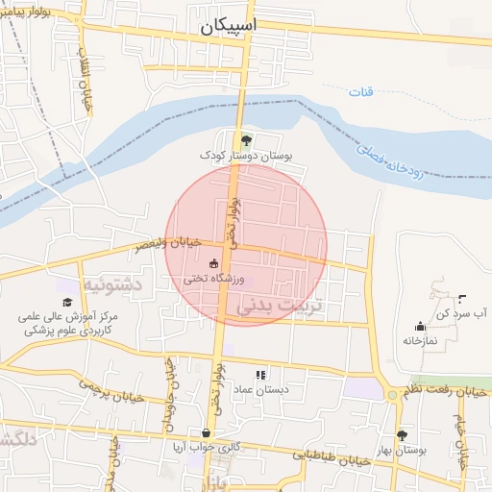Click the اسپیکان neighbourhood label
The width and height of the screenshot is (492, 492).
[232, 28]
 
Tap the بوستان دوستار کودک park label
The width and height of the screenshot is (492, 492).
[245, 155]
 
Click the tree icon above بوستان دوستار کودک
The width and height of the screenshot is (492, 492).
[245, 139]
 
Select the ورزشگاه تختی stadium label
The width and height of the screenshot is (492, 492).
[216, 279]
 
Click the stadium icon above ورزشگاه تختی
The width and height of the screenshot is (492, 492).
[213, 263]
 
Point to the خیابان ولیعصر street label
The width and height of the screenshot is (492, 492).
[168, 244]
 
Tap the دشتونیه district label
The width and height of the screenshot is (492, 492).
[112, 285]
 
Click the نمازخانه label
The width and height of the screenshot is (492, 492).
[420, 341]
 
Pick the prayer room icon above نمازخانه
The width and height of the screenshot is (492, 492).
[420, 326]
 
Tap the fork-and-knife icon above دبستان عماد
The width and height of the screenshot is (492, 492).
[259, 375]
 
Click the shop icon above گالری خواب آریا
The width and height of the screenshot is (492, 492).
[206, 433]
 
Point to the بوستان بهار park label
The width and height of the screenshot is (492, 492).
[403, 450]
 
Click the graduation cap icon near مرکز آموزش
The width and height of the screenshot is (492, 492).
[67, 302]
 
